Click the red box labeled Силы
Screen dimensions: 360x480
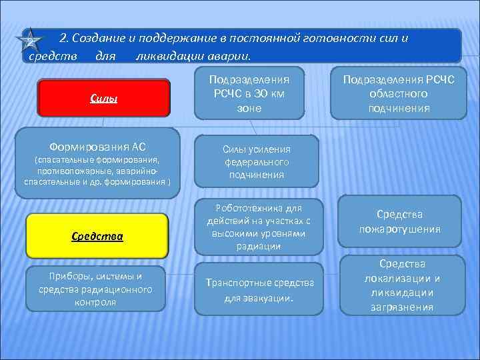103,99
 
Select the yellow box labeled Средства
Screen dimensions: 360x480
97,236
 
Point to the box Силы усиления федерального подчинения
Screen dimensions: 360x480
256,162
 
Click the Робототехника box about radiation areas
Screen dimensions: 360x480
259,227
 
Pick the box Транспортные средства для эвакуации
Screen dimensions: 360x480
259,290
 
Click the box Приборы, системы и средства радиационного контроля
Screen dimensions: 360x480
95,289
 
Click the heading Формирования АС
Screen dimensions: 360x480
97,147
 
